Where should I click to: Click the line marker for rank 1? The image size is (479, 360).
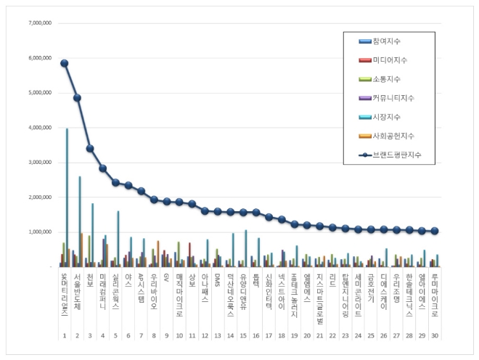point(65,63)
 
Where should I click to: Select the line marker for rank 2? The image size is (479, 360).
point(77,97)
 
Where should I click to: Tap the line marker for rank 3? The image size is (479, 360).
point(90,148)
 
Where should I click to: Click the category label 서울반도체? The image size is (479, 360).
point(77,290)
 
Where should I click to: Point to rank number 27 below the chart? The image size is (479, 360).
point(396,336)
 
